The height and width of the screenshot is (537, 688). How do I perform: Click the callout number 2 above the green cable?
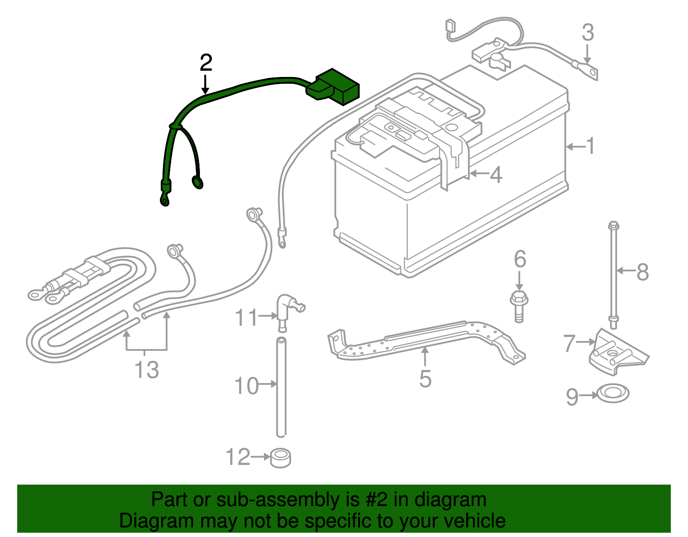[206, 63]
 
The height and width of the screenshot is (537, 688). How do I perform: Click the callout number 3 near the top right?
[588, 33]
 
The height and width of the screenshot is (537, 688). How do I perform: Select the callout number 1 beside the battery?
[591, 146]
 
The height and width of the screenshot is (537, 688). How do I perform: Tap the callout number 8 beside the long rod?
[642, 272]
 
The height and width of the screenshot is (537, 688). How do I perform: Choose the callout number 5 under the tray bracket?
[425, 379]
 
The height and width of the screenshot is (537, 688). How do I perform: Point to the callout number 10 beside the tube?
[246, 385]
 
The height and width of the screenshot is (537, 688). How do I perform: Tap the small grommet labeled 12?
[280, 458]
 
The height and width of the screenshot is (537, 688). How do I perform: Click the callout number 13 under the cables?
[147, 370]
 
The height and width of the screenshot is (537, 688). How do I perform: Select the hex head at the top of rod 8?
[614, 225]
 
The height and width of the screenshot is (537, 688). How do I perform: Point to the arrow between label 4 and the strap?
[479, 174]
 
